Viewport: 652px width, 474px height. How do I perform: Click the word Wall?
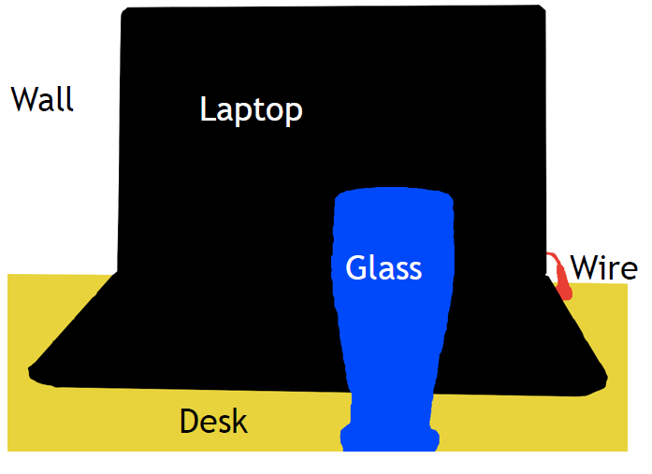click(x=42, y=99)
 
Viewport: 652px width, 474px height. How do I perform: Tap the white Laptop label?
click(x=251, y=111)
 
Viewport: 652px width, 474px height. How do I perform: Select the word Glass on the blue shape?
click(x=384, y=268)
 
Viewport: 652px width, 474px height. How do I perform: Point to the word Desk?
click(x=213, y=422)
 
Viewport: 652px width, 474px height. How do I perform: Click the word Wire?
click(x=603, y=268)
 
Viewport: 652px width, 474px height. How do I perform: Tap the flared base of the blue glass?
click(x=389, y=438)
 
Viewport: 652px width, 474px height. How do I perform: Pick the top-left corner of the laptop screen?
click(x=125, y=12)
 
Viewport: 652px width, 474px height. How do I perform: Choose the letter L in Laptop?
click(x=208, y=109)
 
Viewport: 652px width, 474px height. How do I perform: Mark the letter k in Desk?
click(x=239, y=421)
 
